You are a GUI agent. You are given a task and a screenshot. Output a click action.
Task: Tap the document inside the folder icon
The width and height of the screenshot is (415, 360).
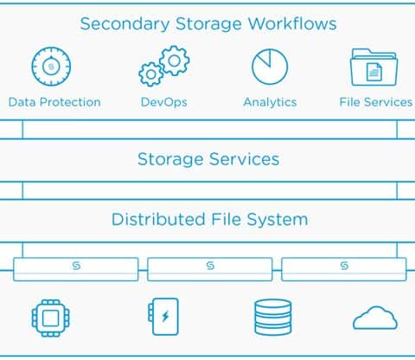click(x=374, y=72)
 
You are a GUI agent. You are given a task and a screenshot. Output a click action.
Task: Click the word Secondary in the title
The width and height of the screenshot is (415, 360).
click(x=124, y=24)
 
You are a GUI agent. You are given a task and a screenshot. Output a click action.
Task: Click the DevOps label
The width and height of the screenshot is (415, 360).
click(x=163, y=102)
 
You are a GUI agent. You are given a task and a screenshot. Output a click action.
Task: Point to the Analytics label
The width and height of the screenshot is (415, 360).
click(x=270, y=102)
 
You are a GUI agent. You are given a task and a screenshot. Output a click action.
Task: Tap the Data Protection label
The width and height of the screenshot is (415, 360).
click(x=54, y=102)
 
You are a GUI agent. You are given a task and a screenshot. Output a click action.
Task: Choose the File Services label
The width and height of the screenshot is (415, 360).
click(x=376, y=102)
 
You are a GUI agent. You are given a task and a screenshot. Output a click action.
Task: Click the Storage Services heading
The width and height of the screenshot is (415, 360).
click(x=208, y=159)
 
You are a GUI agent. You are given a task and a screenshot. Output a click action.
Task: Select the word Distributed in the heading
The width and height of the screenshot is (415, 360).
click(x=158, y=219)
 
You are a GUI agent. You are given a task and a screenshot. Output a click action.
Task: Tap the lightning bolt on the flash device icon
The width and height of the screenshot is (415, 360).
click(x=165, y=317)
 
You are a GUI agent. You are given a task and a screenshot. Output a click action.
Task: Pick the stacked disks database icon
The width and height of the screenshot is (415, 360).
click(x=273, y=317)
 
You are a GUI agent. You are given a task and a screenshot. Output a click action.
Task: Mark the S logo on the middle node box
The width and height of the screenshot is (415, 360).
click(x=210, y=266)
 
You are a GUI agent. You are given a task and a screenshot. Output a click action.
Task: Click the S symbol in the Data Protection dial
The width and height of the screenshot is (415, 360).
click(x=51, y=67)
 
